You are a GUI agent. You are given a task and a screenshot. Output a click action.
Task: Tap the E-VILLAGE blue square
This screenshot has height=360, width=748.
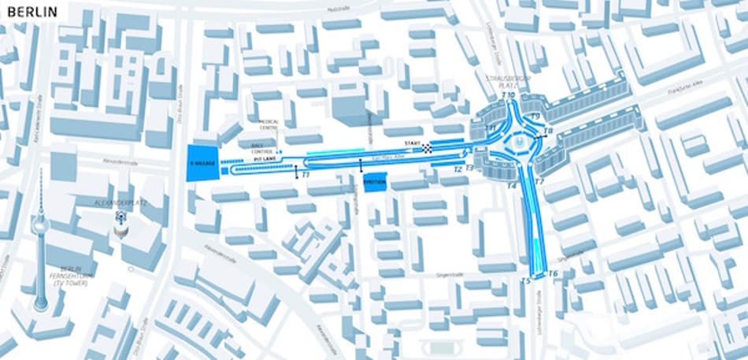click(202, 162)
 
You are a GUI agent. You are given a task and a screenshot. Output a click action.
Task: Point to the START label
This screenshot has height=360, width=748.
click(413, 143)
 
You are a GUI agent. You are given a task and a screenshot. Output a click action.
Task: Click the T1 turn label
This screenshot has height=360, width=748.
click(305, 173)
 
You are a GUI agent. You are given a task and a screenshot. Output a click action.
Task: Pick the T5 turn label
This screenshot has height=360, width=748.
click(525, 280)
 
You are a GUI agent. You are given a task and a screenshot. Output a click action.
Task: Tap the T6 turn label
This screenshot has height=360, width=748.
click(553, 274)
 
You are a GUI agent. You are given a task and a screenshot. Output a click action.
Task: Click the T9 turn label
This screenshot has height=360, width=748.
click(535, 117)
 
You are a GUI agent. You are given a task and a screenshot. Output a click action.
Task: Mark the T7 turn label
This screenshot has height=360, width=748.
click(539, 182)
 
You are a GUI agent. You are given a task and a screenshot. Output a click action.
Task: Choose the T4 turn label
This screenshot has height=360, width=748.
click(511, 186)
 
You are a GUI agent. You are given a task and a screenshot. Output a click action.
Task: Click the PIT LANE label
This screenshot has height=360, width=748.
click(263, 159)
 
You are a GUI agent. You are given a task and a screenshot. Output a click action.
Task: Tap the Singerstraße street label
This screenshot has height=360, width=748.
click(450, 276)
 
